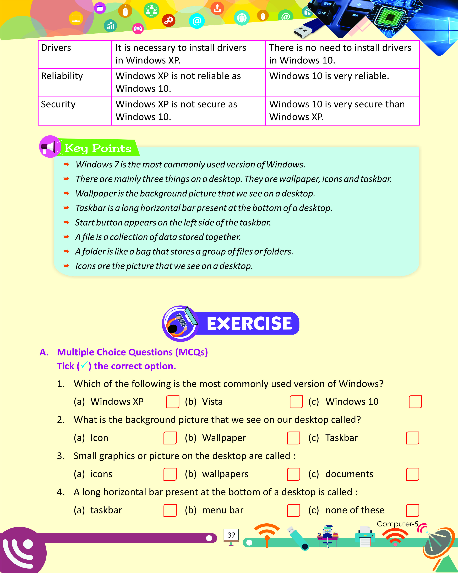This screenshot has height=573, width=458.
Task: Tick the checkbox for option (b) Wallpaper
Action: click(x=293, y=438)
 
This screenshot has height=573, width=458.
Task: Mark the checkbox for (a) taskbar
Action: click(x=170, y=510)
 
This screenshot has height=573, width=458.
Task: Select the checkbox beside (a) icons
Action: click(x=170, y=474)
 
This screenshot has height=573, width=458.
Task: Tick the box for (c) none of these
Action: click(x=412, y=510)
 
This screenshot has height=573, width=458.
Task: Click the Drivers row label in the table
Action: click(x=56, y=48)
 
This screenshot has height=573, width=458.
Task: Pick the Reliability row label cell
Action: click(x=62, y=76)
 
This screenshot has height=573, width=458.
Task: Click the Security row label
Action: click(x=58, y=104)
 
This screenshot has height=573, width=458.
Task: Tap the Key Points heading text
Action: click(x=98, y=148)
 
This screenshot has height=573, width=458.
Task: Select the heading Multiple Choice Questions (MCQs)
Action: click(x=132, y=352)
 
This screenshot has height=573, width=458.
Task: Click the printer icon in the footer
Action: click(x=365, y=536)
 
